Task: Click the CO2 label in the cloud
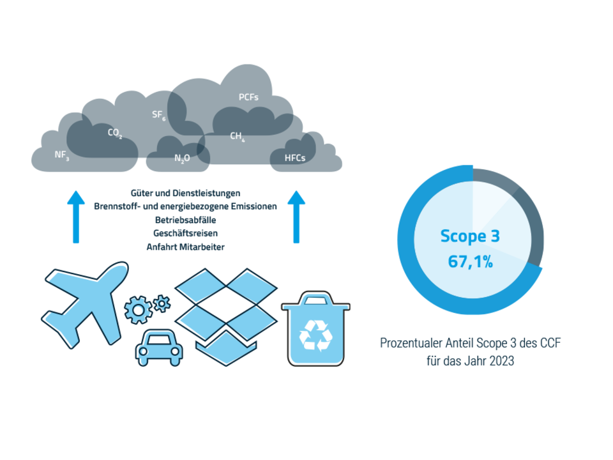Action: coord(115,133)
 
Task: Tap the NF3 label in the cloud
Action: coord(62,155)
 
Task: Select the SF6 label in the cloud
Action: coord(159,115)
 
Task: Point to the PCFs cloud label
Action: coord(248,97)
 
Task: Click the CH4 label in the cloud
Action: coord(238,136)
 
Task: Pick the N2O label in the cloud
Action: coord(182,158)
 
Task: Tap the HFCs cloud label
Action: coord(295,158)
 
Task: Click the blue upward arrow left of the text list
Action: coord(76,217)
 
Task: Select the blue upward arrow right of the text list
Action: coord(296,217)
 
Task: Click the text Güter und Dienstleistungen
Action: coord(185,193)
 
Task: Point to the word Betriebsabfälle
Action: coord(185,220)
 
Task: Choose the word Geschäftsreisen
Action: coord(185,233)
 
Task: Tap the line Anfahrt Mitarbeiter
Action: coord(185,247)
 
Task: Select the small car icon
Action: coord(159,348)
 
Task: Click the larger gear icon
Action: coord(138,310)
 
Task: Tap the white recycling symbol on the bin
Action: coord(315,335)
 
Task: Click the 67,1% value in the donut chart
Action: coord(471,261)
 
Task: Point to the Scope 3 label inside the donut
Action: coord(470,236)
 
